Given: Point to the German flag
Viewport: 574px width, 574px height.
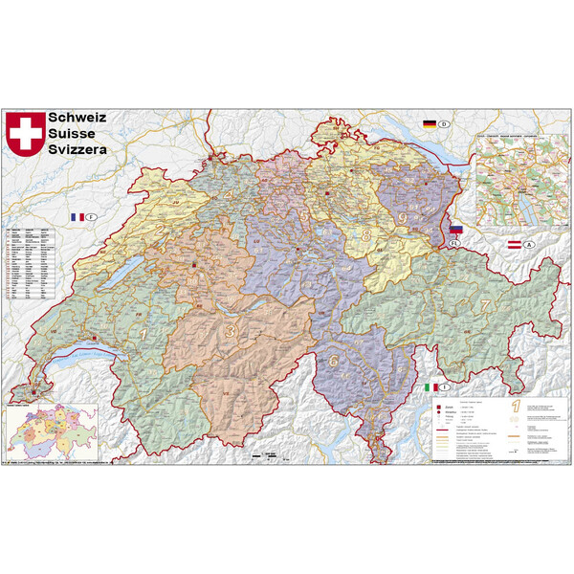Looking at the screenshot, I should [x=430, y=123].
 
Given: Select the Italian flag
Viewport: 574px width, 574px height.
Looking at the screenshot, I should [x=430, y=387].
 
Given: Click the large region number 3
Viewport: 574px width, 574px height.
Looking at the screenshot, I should [x=231, y=330].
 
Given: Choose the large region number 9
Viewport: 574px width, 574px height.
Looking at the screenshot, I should [x=402, y=218].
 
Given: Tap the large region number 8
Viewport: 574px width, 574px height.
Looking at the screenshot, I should [x=365, y=235].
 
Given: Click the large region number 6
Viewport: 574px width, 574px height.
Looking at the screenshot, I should [x=334, y=361].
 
